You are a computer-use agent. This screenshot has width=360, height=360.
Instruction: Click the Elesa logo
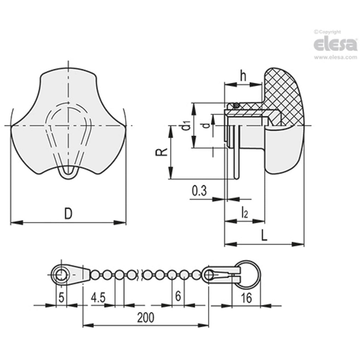pyautogui.click(x=335, y=44)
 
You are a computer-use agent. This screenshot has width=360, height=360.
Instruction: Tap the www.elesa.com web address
pyautogui.click(x=335, y=57)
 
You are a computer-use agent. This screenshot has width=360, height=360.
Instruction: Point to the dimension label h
pyautogui.click(x=243, y=76)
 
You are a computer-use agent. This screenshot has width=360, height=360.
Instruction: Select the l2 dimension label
pyautogui.click(x=244, y=212)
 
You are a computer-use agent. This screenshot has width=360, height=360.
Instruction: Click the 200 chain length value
pyautogui.click(x=146, y=317)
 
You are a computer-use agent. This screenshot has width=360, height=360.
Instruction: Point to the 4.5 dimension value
pyautogui.click(x=98, y=297)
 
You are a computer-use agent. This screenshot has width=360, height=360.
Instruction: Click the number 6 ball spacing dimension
pyautogui.click(x=178, y=296)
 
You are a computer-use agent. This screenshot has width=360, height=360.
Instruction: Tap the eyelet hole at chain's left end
pyautogui.click(x=61, y=275)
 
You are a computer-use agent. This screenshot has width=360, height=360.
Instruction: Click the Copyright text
pyautogui.click(x=327, y=32)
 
